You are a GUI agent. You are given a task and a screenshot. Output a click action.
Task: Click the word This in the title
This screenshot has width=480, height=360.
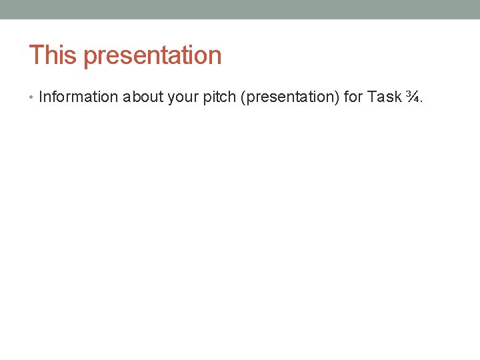53,55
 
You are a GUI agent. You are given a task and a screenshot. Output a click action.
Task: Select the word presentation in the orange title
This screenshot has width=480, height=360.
153,56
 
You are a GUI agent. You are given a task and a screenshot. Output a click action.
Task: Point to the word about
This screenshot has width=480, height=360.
143,97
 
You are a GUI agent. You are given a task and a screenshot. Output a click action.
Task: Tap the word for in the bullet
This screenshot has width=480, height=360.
353,97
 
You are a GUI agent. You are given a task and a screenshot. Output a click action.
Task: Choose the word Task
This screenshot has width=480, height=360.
385,97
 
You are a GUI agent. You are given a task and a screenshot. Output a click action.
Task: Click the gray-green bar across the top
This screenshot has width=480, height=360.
240,9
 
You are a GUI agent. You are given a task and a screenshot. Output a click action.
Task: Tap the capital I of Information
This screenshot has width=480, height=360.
41,97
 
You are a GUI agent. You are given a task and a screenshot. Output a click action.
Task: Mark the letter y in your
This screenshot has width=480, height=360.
171,98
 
